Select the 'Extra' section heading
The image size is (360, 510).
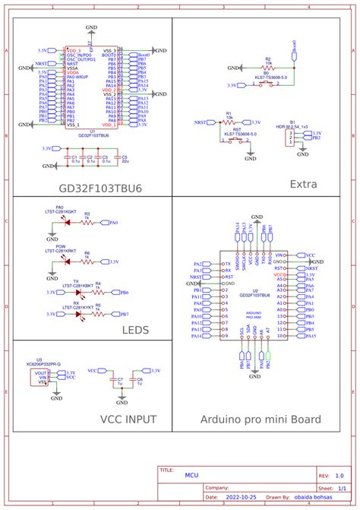pyautogui.click(x=303, y=184)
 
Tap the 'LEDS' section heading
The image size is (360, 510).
pyautogui.click(x=136, y=330)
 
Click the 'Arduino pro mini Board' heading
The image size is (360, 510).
pyautogui.click(x=261, y=420)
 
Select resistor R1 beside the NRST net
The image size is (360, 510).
pyautogui.click(x=229, y=122)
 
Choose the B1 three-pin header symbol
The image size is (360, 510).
pyautogui.click(x=290, y=136)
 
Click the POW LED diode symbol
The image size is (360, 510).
pyautogui.click(x=67, y=261)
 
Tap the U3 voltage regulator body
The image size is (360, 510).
pyautogui.click(x=43, y=377)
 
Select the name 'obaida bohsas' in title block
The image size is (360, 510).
pyautogui.click(x=311, y=498)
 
